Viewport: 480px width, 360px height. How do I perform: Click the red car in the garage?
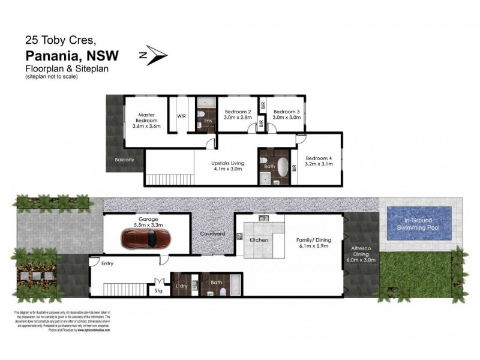coord(146,239)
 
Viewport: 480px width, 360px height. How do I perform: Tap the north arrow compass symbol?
coord(154,55)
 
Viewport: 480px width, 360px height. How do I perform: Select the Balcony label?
coord(125,160)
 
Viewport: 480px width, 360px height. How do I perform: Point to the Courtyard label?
coord(212,233)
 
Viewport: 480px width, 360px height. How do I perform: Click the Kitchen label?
coord(259,240)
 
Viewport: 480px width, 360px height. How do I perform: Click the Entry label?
coord(107,263)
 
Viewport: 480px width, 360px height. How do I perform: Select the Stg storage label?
coord(158,291)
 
